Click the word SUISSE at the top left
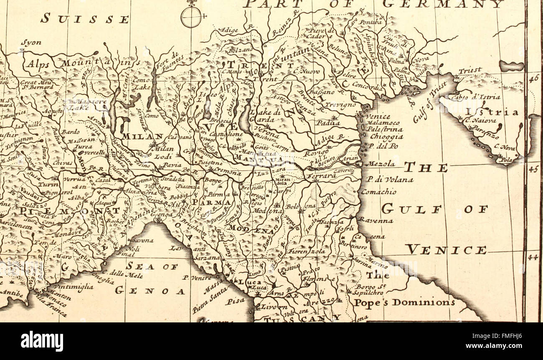click(x=85, y=18)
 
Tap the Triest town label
click(x=470, y=71)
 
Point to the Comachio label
click(x=378, y=192)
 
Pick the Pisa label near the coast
click(x=235, y=300)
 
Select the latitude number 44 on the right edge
click(x=532, y=257)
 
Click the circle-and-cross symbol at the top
click(x=192, y=17)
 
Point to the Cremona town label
click(x=228, y=172)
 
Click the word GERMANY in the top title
click(x=443, y=4)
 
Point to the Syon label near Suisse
click(x=31, y=42)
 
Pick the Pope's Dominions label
click(x=404, y=302)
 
